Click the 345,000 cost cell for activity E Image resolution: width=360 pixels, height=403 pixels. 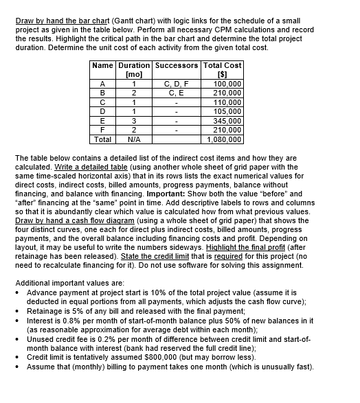pyautogui.click(x=226, y=122)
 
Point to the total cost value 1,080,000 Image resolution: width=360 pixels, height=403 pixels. pyautogui.click(x=224, y=138)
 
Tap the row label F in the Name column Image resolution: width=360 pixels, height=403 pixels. pyautogui.click(x=102, y=130)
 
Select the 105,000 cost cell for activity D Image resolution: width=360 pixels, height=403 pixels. pyautogui.click(x=226, y=114)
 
